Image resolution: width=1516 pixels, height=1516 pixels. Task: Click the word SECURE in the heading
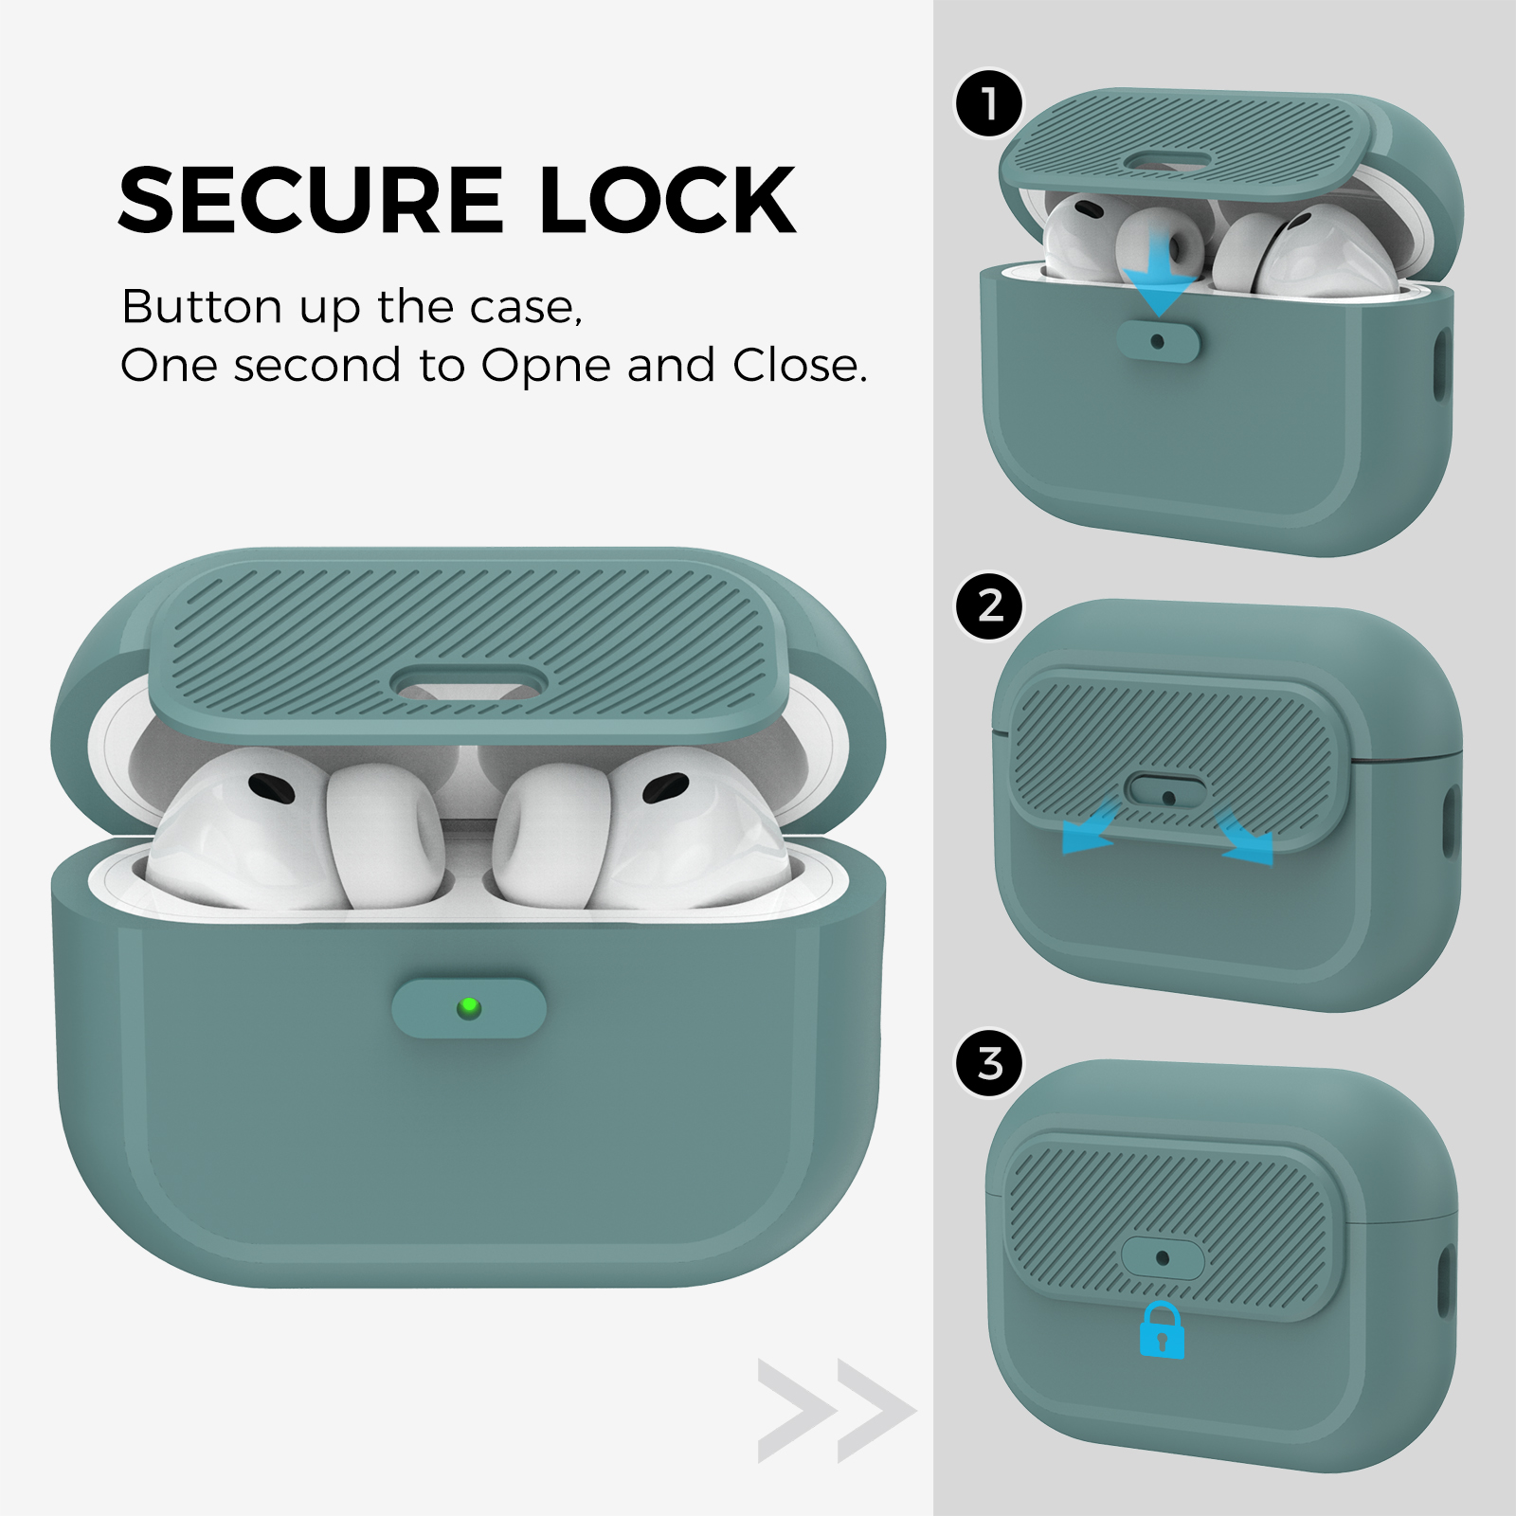pos(310,200)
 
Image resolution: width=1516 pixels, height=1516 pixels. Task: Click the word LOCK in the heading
pos(668,200)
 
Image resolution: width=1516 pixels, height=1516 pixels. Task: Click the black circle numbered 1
pos(989,103)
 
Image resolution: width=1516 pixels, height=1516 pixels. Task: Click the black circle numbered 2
pos(989,605)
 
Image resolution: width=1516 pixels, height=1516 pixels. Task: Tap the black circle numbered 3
pos(989,1063)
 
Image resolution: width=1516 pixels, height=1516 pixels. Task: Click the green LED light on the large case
pos(468,1008)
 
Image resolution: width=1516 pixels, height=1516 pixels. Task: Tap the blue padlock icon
pos(1162,1329)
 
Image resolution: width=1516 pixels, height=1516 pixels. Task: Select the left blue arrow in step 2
pos(1092,827)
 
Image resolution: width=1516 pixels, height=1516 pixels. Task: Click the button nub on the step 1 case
pos(1157,341)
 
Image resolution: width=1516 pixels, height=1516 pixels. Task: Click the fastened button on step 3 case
pos(1163,1258)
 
